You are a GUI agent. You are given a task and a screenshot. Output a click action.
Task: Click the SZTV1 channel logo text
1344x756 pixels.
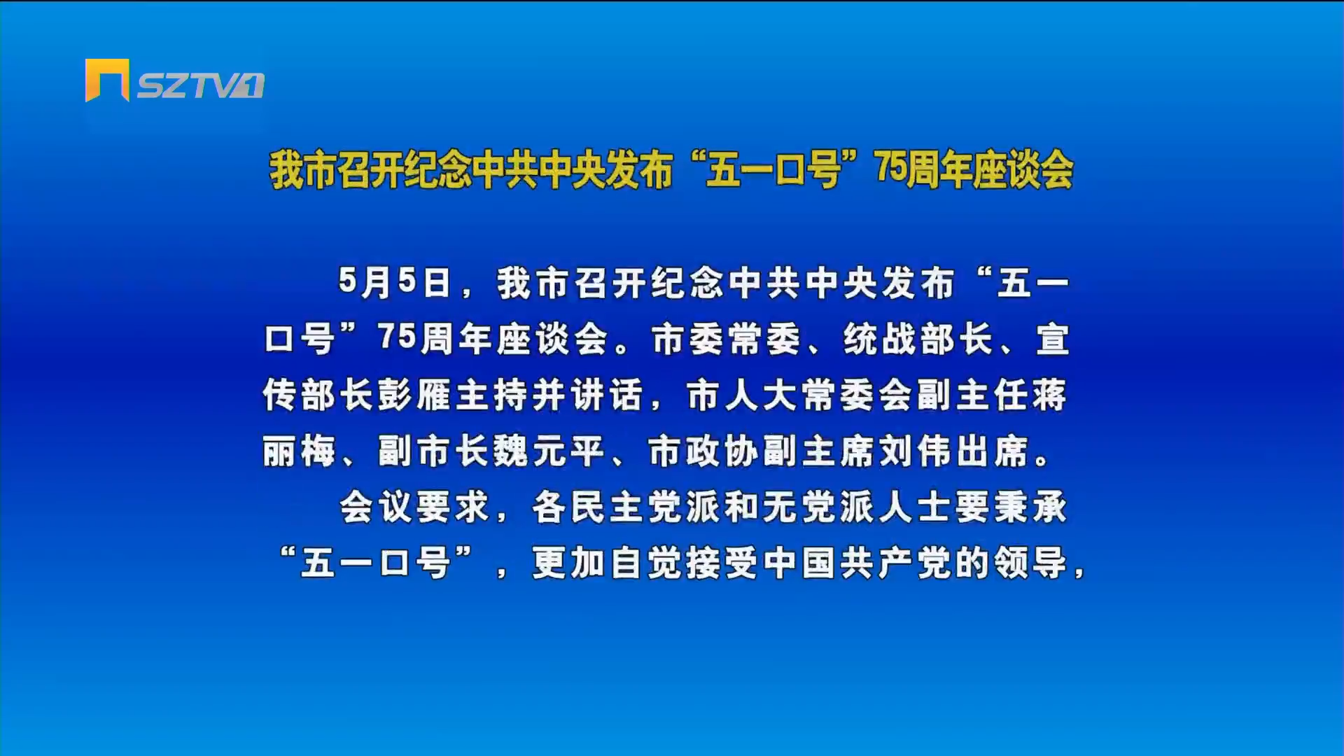coord(200,86)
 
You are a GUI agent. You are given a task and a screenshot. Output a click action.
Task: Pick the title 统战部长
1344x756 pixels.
coord(918,339)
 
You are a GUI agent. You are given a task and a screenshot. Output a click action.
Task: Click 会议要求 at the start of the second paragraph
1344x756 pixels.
coord(414,507)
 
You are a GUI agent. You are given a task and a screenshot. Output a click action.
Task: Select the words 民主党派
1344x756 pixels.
coord(645,507)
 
